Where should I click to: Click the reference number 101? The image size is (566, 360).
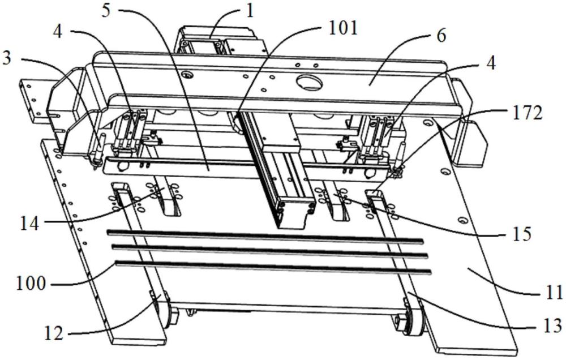[x=342, y=28]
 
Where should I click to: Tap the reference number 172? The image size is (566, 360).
[x=527, y=113]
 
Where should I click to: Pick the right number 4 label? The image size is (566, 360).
[x=490, y=63]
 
